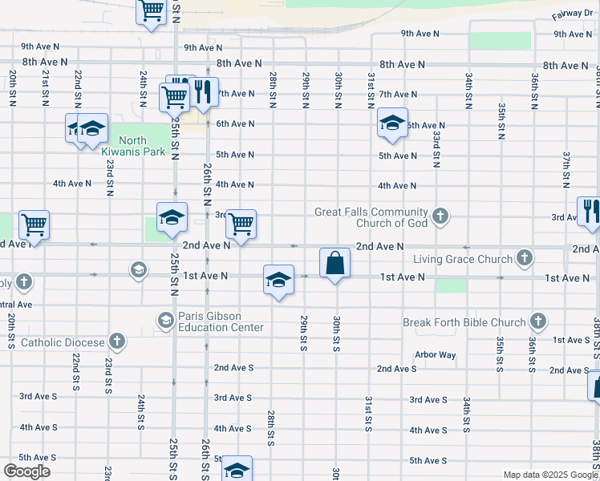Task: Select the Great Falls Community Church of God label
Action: (x=371, y=216)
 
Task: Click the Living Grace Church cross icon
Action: (x=525, y=258)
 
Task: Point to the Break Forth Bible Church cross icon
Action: (x=538, y=322)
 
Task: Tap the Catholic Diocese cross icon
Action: (x=117, y=342)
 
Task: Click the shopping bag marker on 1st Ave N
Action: (x=334, y=263)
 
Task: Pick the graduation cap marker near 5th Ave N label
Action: (x=392, y=123)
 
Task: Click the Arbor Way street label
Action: (x=435, y=354)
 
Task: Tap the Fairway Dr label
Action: (x=571, y=15)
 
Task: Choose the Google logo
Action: (x=26, y=471)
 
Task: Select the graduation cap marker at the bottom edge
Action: (x=237, y=470)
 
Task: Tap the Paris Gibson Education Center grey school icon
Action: (x=165, y=321)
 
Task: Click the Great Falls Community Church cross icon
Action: (x=440, y=216)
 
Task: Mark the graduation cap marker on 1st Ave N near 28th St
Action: (x=278, y=280)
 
